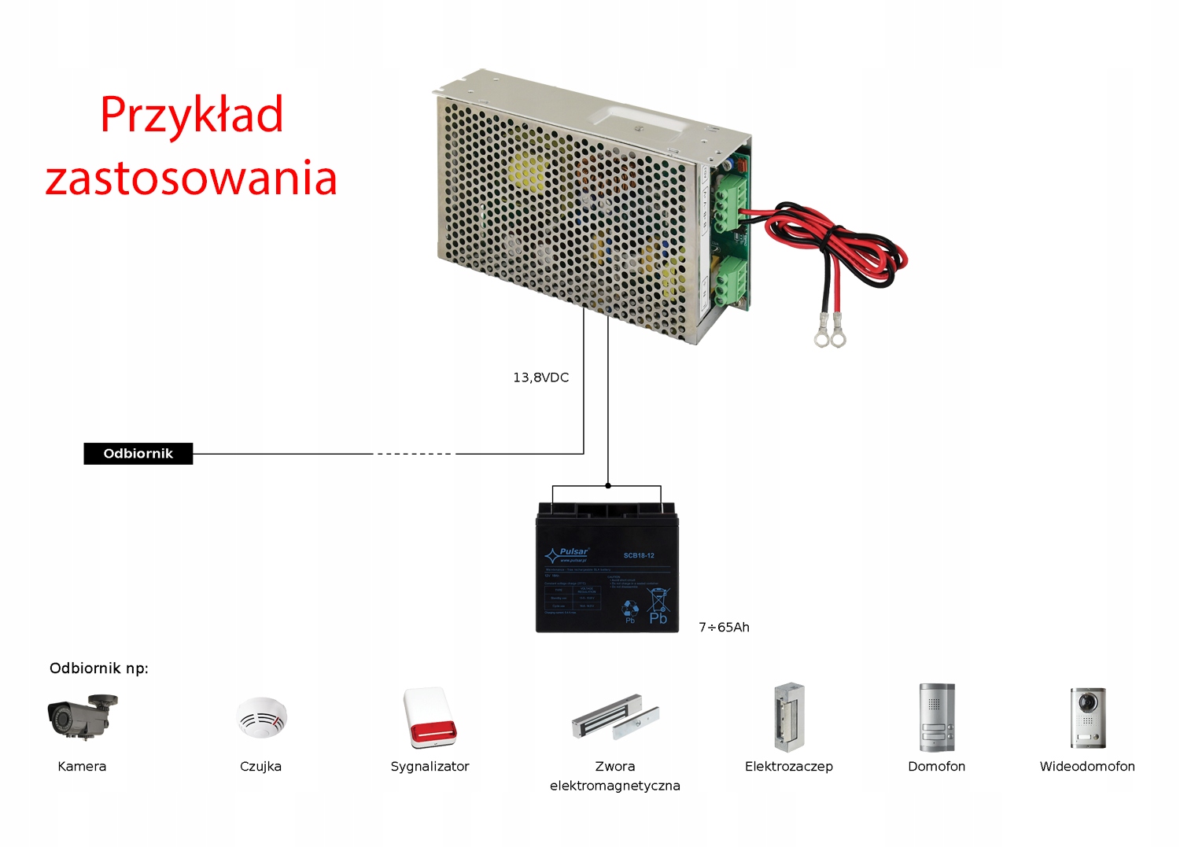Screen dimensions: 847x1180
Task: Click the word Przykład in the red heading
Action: [191, 116]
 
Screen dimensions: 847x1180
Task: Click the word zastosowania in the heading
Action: [191, 179]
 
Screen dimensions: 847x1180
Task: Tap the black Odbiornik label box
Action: [138, 454]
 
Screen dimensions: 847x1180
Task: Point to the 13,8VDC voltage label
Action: [540, 377]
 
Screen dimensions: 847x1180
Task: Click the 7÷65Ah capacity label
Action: [724, 628]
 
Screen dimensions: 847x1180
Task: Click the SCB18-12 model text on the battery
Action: [639, 556]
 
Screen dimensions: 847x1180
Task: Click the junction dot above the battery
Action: [607, 486]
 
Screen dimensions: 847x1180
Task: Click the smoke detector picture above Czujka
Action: [261, 717]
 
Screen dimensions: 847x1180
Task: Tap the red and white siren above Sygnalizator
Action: [430, 717]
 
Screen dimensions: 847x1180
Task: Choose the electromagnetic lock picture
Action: [615, 716]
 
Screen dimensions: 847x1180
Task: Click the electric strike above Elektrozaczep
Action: [788, 717]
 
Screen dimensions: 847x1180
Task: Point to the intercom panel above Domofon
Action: [936, 717]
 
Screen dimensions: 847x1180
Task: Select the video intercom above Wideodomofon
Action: [1087, 717]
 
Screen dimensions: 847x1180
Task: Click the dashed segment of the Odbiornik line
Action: [414, 454]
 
